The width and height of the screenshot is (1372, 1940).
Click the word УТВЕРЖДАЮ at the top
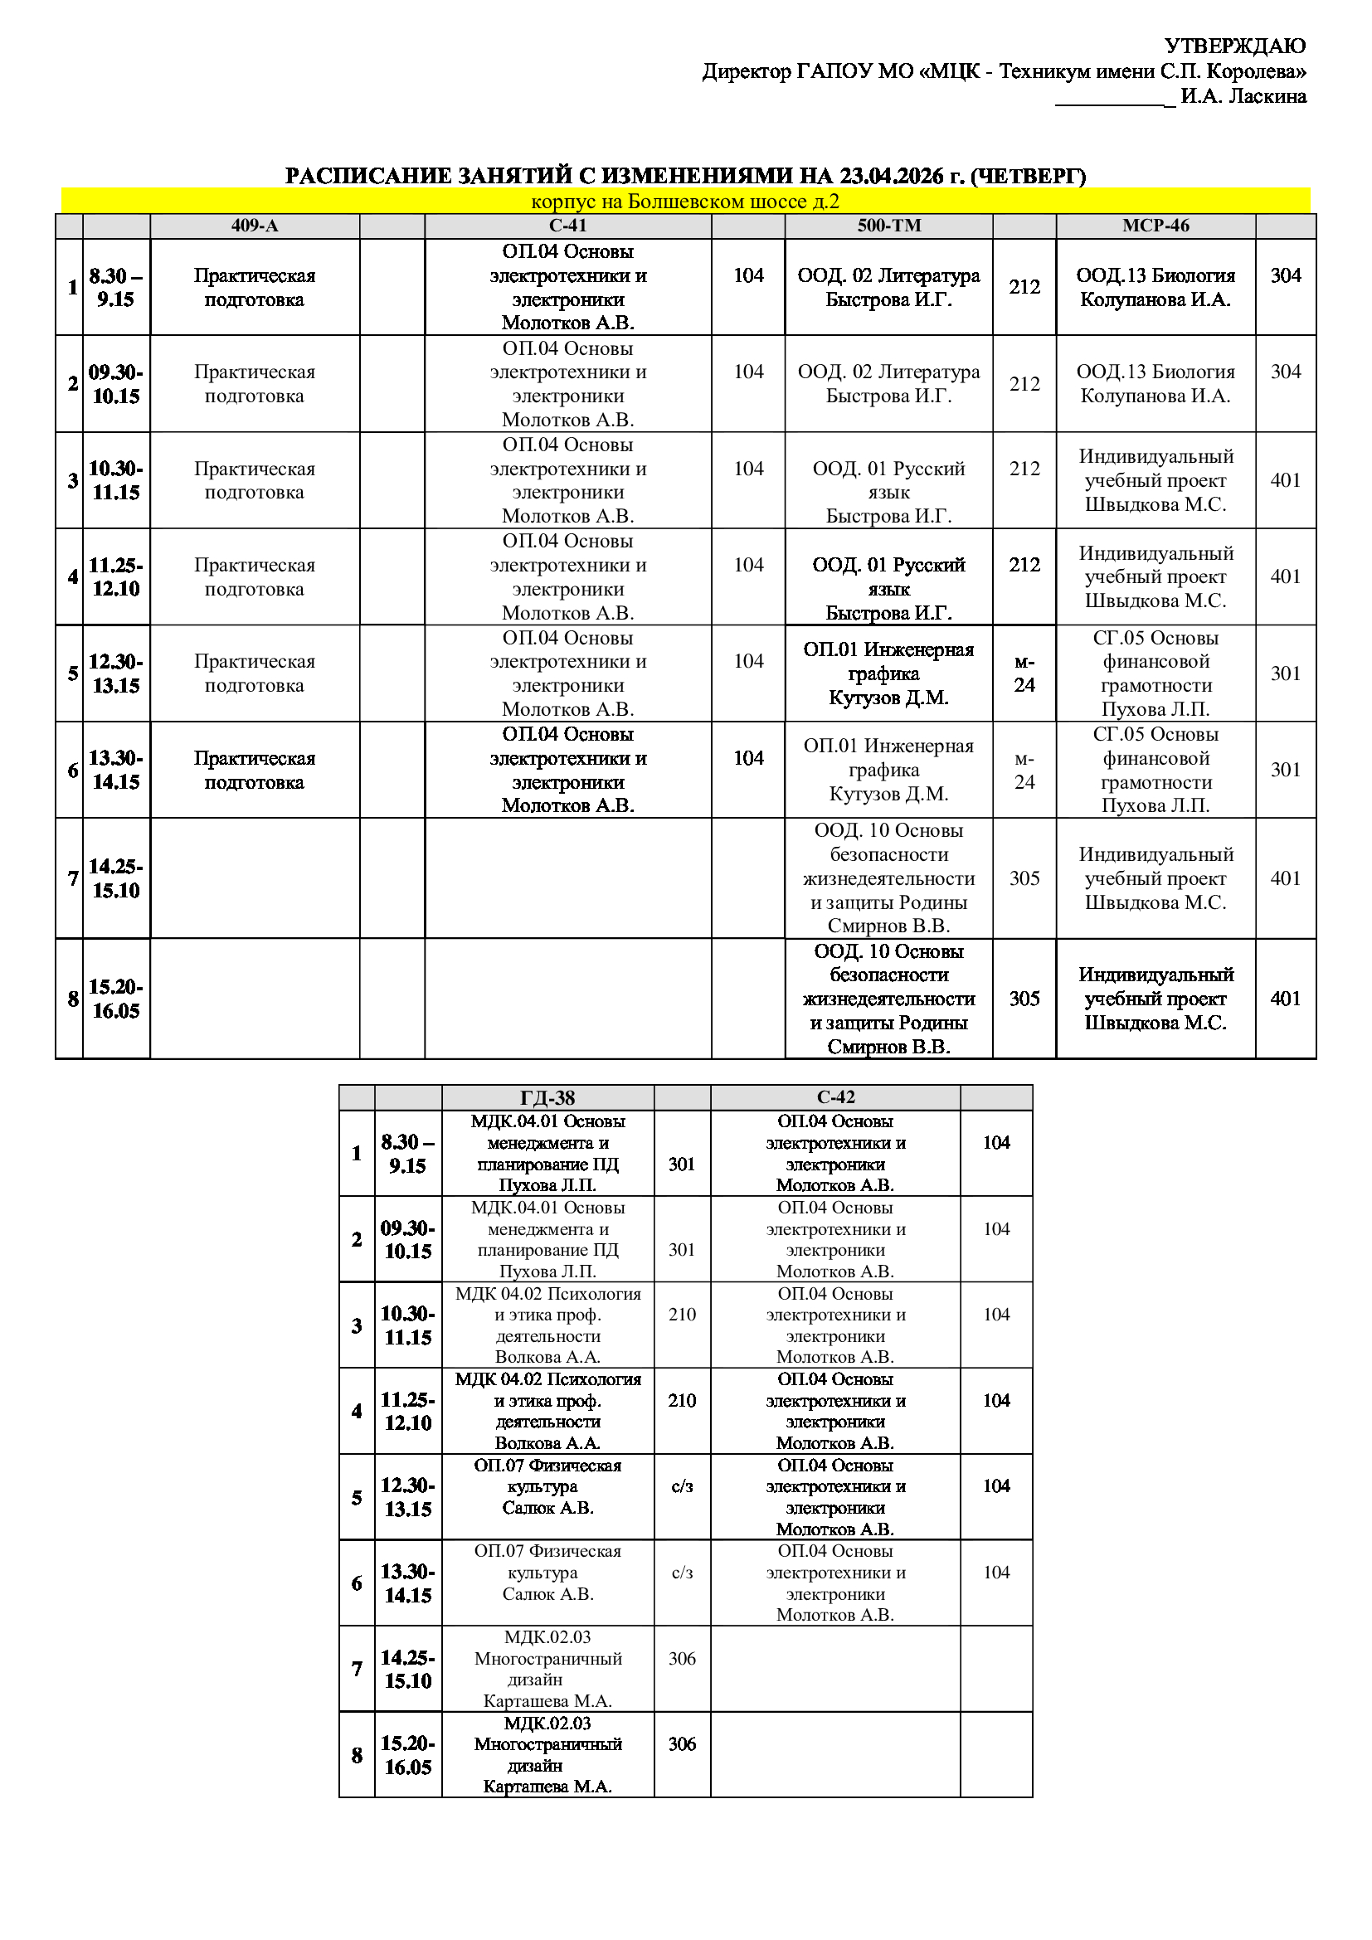(x=1234, y=46)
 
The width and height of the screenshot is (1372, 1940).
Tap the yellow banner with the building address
(x=685, y=201)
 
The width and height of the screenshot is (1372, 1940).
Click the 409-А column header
(x=255, y=226)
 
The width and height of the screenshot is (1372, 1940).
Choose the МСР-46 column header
(x=1155, y=226)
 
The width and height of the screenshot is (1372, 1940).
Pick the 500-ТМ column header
(x=888, y=226)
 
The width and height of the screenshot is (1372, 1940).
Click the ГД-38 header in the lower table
(x=547, y=1097)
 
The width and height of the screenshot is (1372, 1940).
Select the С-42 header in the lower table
(x=835, y=1097)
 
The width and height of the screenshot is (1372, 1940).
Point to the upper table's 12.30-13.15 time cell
(x=117, y=673)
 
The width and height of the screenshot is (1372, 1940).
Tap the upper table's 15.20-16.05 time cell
(x=117, y=999)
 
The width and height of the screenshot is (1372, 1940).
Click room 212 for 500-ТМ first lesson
(x=1024, y=287)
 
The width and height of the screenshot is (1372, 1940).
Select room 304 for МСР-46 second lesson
(x=1285, y=372)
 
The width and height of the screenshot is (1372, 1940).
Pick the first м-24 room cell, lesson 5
(x=1024, y=673)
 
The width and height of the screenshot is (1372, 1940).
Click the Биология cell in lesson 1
(x=1155, y=287)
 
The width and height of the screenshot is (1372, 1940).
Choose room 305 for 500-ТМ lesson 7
(x=1024, y=878)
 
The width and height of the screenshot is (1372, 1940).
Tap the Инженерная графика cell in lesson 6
(x=888, y=770)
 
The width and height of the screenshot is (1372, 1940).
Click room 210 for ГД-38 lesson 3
(x=682, y=1315)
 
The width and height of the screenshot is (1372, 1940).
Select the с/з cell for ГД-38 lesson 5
(x=682, y=1486)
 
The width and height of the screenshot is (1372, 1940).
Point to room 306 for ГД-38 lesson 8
(x=682, y=1744)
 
